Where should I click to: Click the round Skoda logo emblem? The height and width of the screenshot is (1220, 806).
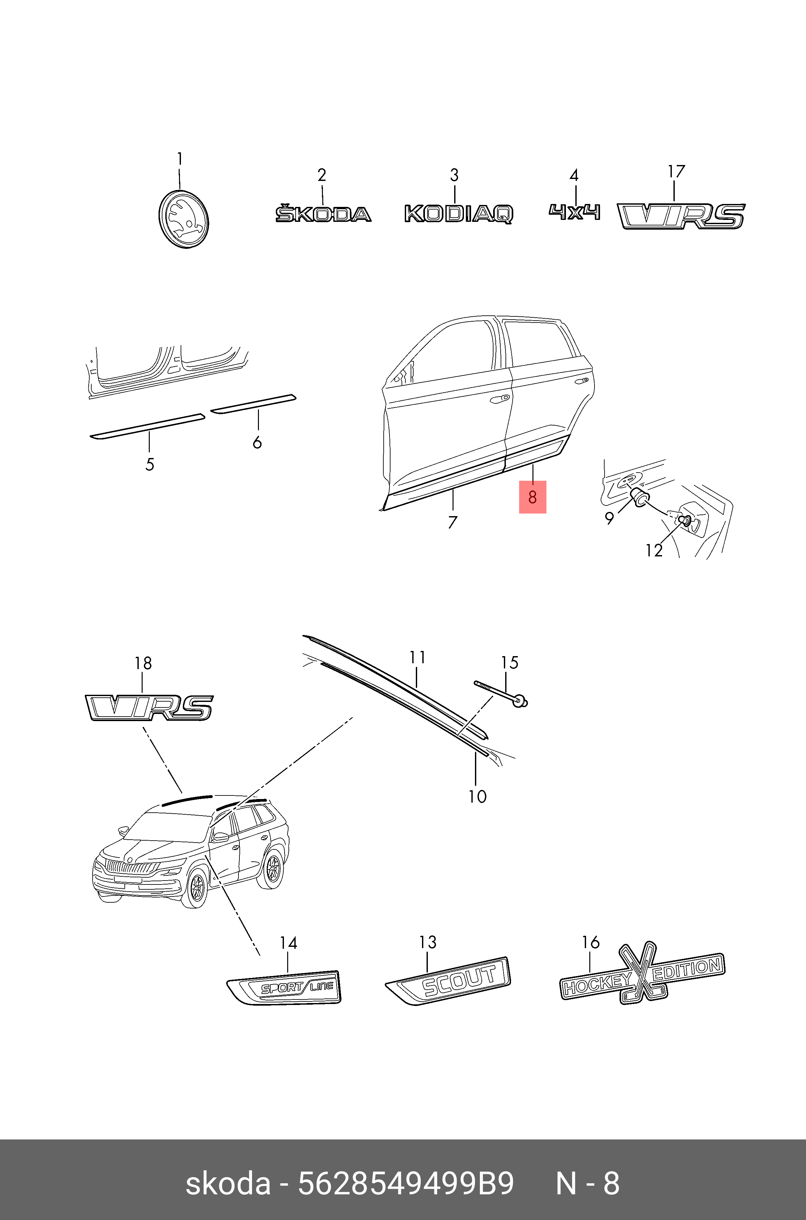coord(184,220)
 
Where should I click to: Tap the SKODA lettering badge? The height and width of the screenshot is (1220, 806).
coord(323,214)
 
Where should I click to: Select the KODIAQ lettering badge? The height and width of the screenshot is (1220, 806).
coord(458,213)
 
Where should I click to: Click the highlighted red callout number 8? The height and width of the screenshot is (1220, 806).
coord(532,497)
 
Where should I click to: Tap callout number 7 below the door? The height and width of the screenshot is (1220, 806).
coord(452,522)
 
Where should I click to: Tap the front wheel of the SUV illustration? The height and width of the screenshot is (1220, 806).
coord(196,889)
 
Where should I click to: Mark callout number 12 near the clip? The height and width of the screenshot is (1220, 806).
coord(654,550)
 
